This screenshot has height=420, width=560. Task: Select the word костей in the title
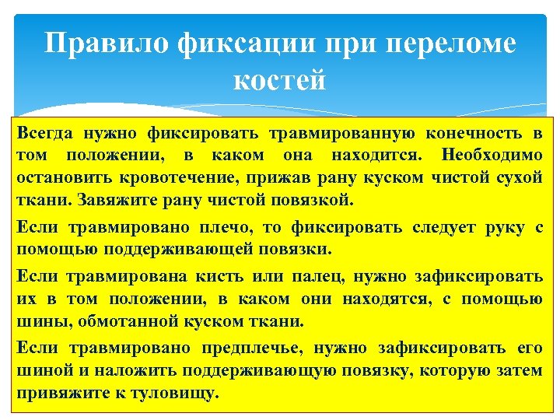(279, 79)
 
